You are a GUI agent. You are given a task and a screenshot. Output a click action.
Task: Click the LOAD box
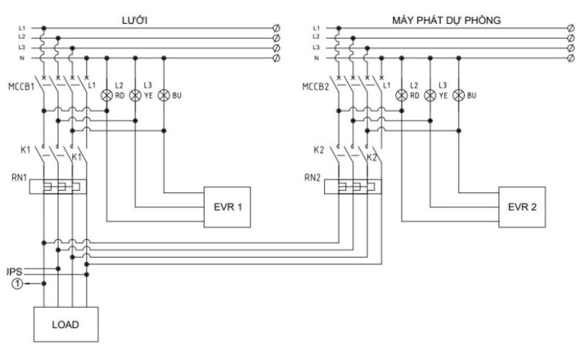click(65, 323)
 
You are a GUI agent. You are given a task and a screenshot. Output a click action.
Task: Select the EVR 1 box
click(228, 207)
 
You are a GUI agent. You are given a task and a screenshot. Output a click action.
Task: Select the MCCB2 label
click(315, 88)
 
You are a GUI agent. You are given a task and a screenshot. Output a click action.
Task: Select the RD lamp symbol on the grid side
click(107, 94)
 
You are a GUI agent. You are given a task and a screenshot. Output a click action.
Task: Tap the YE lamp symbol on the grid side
click(135, 94)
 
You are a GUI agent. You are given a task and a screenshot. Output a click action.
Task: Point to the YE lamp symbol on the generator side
click(431, 94)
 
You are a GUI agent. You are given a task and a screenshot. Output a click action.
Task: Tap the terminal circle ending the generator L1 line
click(570, 28)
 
